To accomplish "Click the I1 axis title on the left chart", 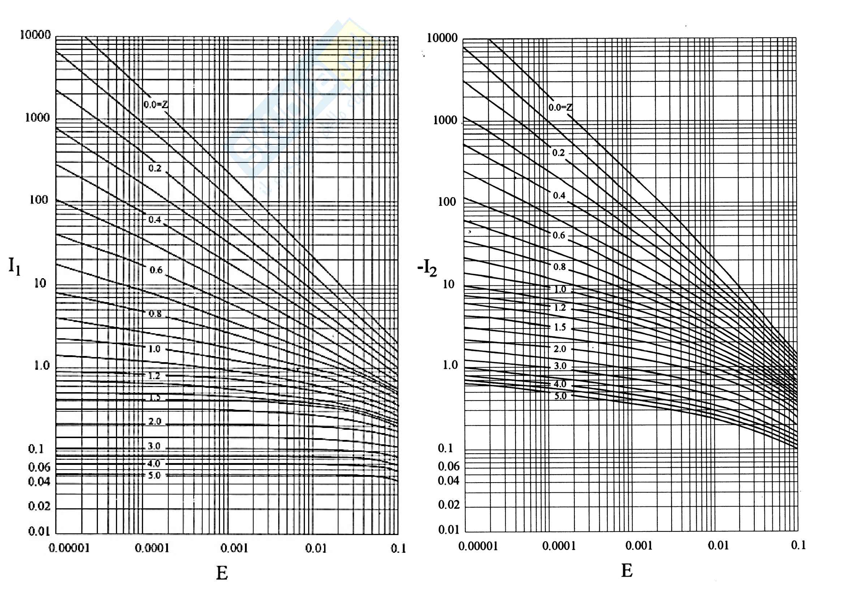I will (x=14, y=266).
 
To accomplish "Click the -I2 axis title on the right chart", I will (x=427, y=268).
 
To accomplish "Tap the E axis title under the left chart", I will (x=222, y=573).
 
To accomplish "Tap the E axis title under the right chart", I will (x=627, y=571).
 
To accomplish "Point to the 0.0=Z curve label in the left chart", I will (x=156, y=105).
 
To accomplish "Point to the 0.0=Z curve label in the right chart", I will (x=560, y=107).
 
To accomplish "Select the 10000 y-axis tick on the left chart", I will (x=35, y=35).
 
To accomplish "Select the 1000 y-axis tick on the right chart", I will (x=445, y=120).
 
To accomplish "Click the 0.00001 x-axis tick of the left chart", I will (x=69, y=548).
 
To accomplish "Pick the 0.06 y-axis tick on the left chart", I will (x=39, y=467).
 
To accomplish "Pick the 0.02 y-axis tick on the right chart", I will (x=449, y=504).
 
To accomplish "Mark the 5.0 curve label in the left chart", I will (x=155, y=475).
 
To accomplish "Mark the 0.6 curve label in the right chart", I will (x=559, y=235).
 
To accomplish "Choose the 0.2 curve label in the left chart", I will (x=155, y=168).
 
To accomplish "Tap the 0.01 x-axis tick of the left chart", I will (x=316, y=549).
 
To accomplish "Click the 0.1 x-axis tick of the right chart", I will (x=798, y=545).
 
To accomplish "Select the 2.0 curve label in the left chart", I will (x=155, y=421).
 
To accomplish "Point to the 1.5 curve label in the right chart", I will (x=560, y=327).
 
